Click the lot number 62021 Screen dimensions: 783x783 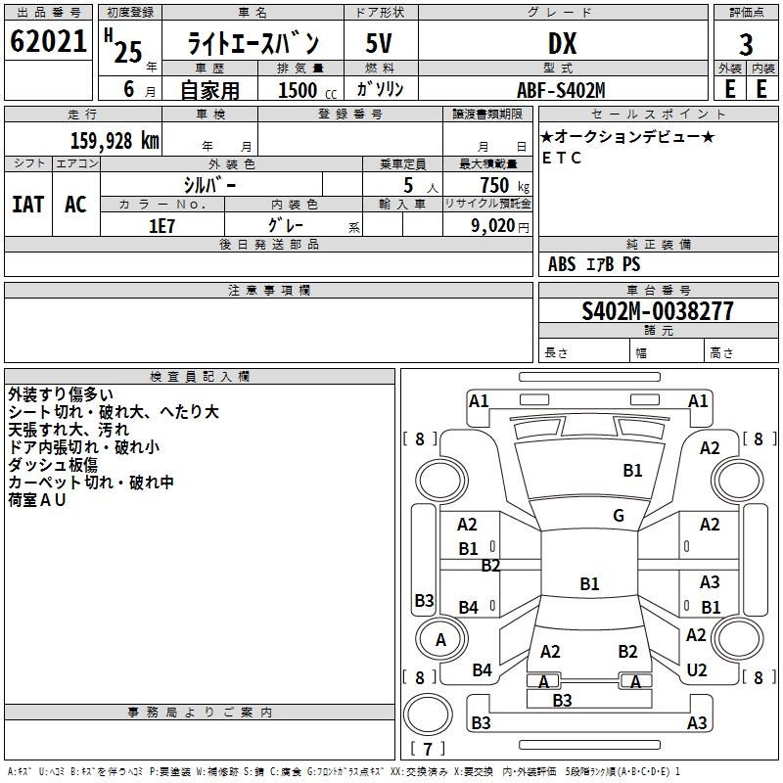point(47,43)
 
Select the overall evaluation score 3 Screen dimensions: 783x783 point(746,44)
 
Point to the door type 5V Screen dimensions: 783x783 point(381,44)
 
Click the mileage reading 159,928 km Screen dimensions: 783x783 point(115,141)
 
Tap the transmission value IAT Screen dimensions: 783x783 point(27,204)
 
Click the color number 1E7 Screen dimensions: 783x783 point(161,225)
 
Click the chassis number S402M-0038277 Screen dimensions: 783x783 point(657,311)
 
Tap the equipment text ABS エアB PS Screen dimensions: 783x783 point(594,264)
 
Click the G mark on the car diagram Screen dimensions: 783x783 point(619,516)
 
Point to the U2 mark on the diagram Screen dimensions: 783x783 point(697,669)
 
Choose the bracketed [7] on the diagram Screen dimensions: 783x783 point(427,750)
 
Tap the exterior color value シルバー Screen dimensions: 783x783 point(209,185)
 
